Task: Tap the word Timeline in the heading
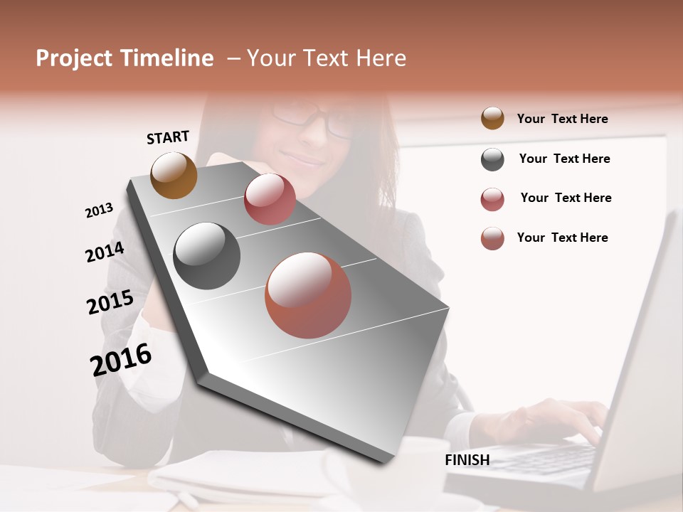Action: pyautogui.click(x=168, y=58)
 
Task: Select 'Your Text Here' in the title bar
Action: pyautogui.click(x=327, y=58)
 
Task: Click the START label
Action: pyautogui.click(x=168, y=137)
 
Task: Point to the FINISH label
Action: pyautogui.click(x=467, y=460)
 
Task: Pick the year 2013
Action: pyautogui.click(x=99, y=210)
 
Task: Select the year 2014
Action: pyautogui.click(x=105, y=252)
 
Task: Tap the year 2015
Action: pyautogui.click(x=110, y=302)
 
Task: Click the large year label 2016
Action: pyautogui.click(x=121, y=360)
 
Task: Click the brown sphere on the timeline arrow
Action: pyautogui.click(x=174, y=175)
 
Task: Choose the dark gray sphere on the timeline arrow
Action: pyautogui.click(x=207, y=256)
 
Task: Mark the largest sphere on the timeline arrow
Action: pyautogui.click(x=308, y=295)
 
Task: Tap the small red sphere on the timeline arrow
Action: pyautogui.click(x=270, y=198)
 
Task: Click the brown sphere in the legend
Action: pyautogui.click(x=492, y=118)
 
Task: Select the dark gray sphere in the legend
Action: pyautogui.click(x=492, y=159)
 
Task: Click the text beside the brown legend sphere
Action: pyautogui.click(x=562, y=119)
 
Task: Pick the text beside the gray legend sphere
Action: pyautogui.click(x=564, y=159)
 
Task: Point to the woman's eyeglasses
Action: pyautogui.click(x=313, y=117)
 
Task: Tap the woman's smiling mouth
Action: pyautogui.click(x=302, y=158)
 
